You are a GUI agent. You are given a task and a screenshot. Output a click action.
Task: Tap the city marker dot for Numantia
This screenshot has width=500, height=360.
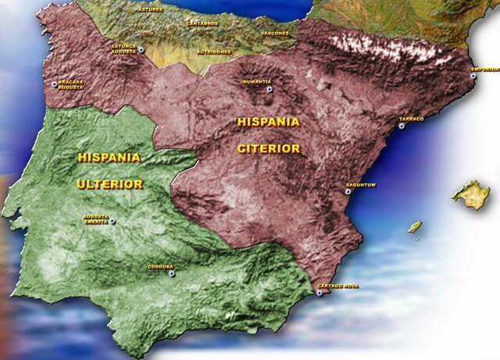tap(270, 90)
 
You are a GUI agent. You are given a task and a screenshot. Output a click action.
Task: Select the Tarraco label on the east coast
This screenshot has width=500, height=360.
tap(411, 119)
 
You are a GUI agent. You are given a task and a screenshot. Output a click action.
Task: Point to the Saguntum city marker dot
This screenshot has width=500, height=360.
tap(348, 191)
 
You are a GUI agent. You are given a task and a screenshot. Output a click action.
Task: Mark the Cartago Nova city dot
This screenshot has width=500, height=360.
tap(320, 294)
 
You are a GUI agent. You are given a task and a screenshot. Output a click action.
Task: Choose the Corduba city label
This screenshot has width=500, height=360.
tap(160, 267)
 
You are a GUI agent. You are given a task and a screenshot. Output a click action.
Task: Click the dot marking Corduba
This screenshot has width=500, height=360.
tap(172, 273)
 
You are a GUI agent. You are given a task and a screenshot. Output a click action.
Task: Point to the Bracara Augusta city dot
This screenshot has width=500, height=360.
tap(54, 84)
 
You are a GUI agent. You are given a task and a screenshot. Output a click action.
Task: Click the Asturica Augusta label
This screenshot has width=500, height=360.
tap(123, 49)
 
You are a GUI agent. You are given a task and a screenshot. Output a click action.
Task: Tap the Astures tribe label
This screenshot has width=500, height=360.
tap(151, 10)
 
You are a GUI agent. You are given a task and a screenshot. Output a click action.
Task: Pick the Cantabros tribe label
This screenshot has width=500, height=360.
tap(203, 23)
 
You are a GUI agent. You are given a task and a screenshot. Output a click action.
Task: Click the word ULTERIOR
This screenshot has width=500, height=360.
tap(109, 185)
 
